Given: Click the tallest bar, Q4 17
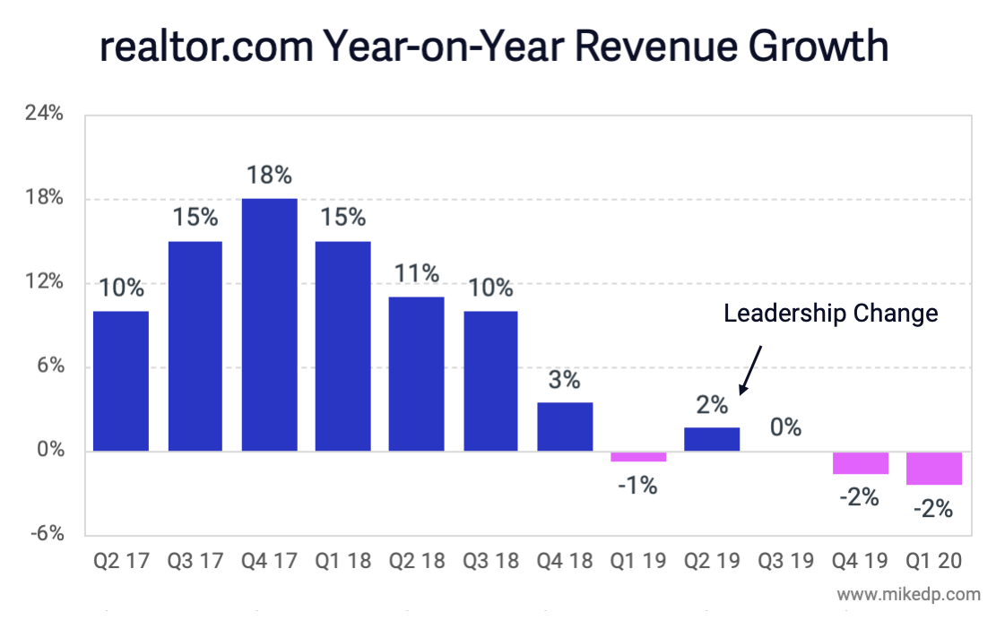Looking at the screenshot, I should (269, 324).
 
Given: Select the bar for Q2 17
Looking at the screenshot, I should (121, 381).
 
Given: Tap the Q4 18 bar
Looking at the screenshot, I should (565, 426).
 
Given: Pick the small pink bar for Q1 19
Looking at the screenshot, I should (638, 456).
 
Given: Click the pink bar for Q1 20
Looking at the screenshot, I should (933, 468).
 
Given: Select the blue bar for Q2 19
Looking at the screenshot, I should (712, 439).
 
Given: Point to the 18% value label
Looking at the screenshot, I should (269, 175).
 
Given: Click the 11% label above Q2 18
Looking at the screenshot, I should (417, 273).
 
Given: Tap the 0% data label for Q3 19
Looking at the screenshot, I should (785, 427).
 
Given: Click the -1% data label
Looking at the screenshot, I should (637, 486).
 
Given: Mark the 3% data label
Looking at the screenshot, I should (564, 380).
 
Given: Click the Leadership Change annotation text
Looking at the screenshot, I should (831, 314).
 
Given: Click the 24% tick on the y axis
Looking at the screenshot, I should (44, 114).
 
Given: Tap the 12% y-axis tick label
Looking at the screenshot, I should (44, 282).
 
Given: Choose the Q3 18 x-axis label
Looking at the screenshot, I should (490, 562).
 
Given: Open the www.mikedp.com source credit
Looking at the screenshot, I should (908, 594).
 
